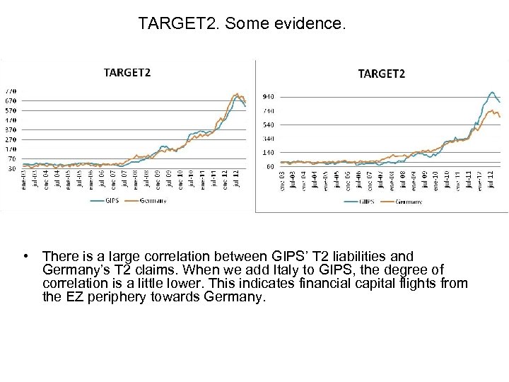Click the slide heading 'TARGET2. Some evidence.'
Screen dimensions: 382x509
click(242, 25)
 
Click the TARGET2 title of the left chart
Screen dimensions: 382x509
click(127, 71)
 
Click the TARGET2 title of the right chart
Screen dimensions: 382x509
click(382, 74)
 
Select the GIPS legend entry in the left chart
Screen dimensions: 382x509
click(111, 200)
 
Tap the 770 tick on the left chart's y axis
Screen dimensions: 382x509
click(11, 91)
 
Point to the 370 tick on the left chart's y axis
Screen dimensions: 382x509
click(11, 130)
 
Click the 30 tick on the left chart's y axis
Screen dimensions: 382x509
click(11, 168)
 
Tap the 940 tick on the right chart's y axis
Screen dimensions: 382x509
click(269, 96)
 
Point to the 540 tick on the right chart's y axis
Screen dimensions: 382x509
click(269, 125)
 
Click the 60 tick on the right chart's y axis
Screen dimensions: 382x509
click(269, 167)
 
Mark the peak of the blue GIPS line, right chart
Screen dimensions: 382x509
click(491, 92)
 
